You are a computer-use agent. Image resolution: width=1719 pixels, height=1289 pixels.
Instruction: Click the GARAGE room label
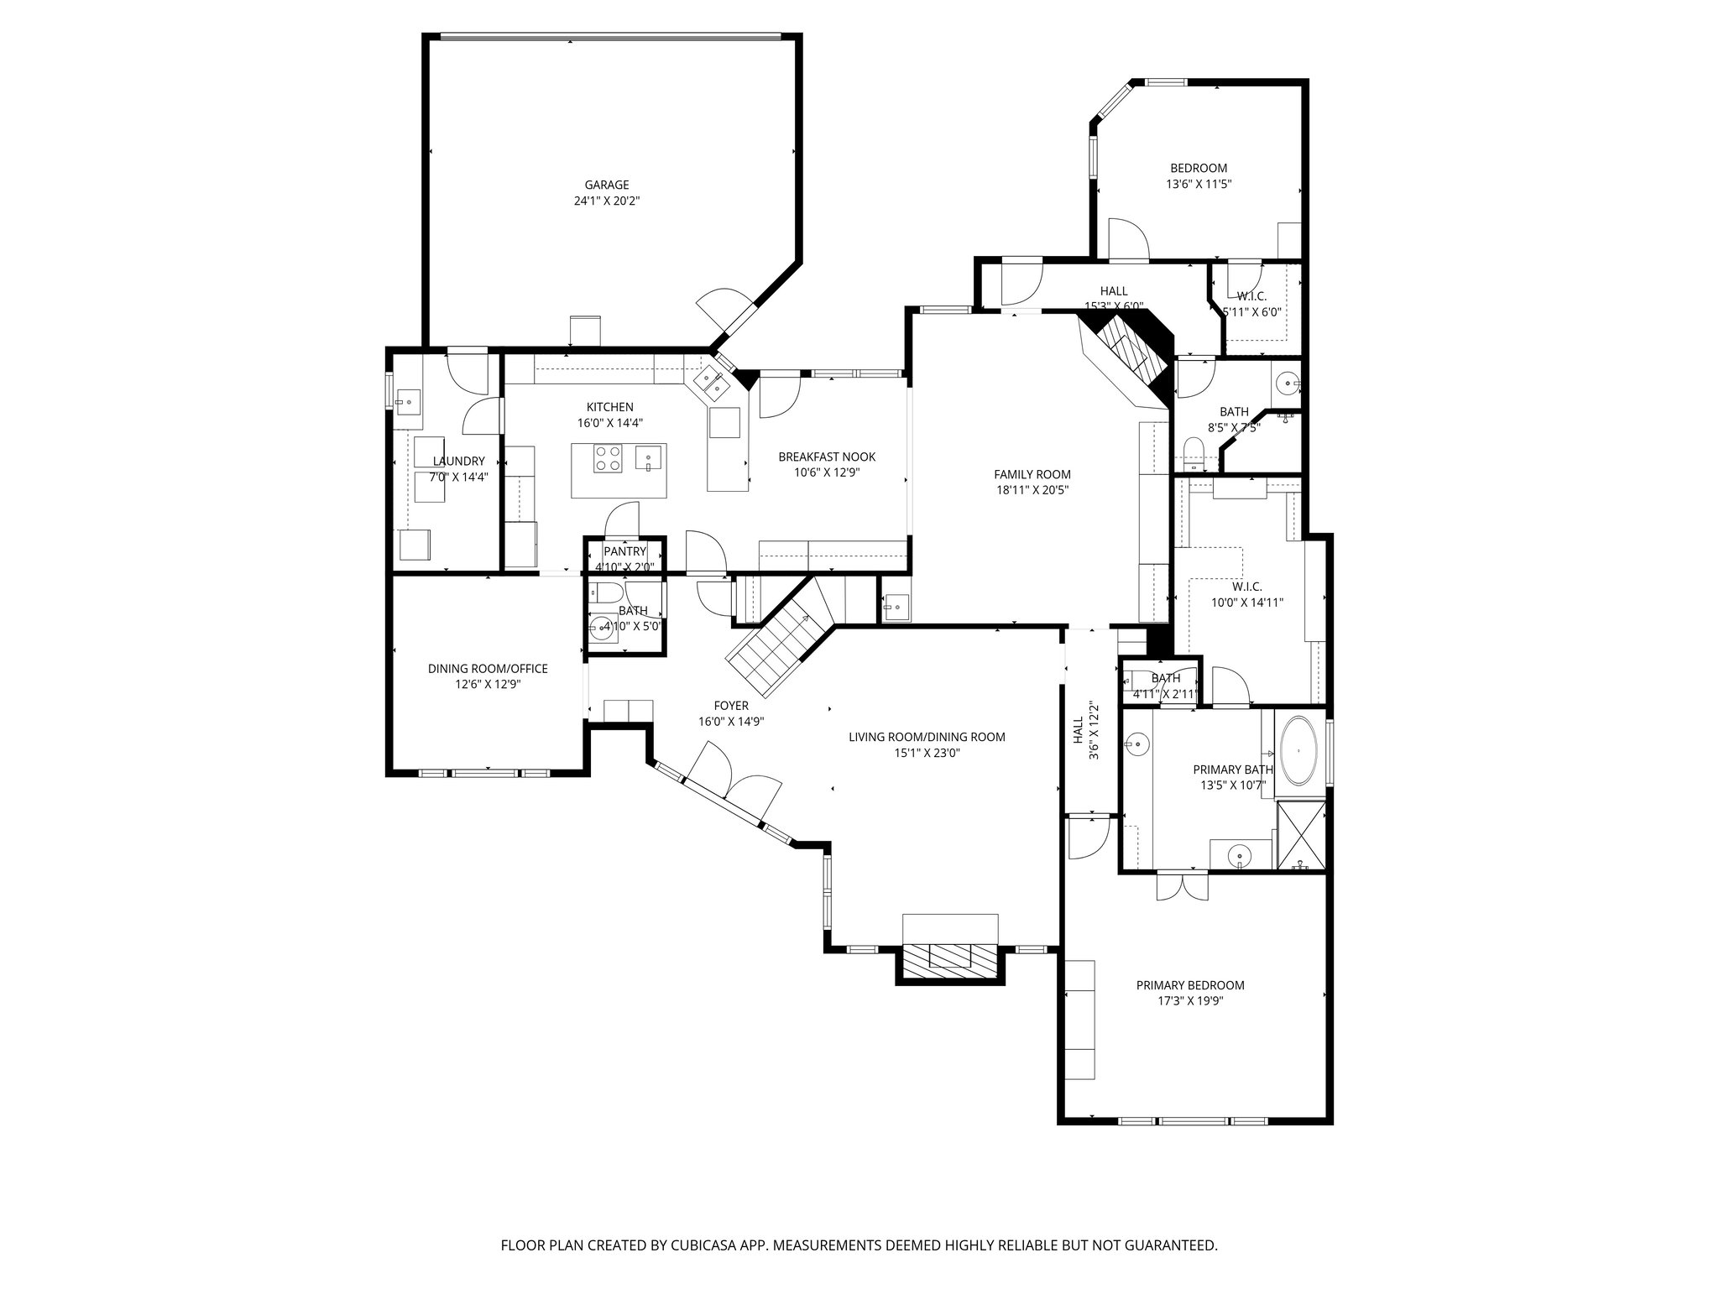(607, 185)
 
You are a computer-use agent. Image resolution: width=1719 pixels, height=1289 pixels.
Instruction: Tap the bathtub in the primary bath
(1299, 747)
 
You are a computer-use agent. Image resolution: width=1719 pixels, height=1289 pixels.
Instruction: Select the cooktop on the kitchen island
(609, 458)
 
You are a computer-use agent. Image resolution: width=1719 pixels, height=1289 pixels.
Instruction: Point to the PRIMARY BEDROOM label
(1190, 985)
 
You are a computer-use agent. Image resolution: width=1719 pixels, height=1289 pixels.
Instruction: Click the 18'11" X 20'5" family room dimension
(1032, 491)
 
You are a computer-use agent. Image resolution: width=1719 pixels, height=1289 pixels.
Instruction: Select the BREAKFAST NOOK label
(827, 457)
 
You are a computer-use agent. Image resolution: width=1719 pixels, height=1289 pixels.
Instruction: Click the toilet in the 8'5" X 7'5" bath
(1192, 453)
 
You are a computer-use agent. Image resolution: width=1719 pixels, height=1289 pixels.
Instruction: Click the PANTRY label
(625, 551)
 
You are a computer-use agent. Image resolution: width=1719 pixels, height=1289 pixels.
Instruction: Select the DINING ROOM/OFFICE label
(488, 669)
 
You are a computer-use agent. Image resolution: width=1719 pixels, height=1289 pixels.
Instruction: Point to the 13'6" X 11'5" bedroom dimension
(1199, 184)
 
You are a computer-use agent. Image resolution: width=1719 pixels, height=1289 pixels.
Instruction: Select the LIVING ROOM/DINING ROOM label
(927, 737)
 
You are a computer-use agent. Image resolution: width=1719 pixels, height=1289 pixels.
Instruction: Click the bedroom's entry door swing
(1127, 239)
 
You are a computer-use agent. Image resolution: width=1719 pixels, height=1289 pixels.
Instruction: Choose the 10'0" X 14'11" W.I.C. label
(1247, 602)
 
